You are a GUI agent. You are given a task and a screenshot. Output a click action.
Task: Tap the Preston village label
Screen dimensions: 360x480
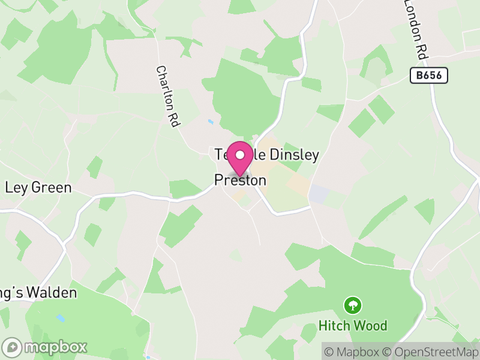[x=240, y=180]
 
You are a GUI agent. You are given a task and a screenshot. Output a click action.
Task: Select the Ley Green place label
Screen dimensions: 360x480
[x=38, y=188]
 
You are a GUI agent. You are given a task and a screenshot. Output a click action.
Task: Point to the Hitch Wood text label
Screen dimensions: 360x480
[x=353, y=326]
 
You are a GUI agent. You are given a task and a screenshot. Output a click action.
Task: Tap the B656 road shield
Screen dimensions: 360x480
[x=429, y=76]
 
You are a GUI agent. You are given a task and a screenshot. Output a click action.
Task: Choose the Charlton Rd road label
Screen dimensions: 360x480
[x=168, y=96]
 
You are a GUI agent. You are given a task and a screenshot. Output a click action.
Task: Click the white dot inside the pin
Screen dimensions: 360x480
[x=240, y=155]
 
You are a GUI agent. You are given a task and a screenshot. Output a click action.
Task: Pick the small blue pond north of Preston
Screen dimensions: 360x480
[x=211, y=122]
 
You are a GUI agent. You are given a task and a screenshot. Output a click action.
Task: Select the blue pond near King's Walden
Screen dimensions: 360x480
[x=60, y=318]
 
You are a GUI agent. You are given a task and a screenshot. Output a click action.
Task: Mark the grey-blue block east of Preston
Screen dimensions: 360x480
[x=319, y=194]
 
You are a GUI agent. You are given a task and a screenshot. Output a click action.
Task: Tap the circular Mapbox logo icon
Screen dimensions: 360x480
[x=12, y=347]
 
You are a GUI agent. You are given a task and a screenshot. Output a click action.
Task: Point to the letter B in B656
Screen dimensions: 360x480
[x=418, y=76]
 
